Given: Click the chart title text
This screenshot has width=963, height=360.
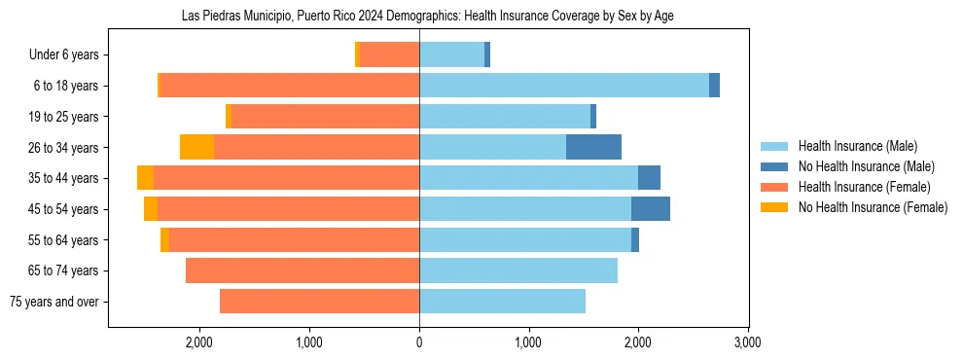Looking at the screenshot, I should coord(428,17).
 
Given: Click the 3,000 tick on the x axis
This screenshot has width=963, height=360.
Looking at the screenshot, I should coord(747,342).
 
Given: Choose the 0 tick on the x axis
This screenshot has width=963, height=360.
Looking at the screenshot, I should coord(419,342).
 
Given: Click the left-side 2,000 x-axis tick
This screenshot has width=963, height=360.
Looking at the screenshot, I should coord(199,342).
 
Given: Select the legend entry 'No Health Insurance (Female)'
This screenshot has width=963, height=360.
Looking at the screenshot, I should coord(873,207).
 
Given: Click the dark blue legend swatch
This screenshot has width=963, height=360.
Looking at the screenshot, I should coord(775,166).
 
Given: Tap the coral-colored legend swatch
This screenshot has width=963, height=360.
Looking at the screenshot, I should coord(775,187).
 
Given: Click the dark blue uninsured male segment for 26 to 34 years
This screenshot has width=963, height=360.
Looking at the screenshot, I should coord(593,147).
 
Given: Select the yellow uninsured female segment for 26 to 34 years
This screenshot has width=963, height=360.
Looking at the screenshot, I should coord(196,147).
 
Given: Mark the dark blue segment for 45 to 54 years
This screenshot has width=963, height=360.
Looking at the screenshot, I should coord(650,208).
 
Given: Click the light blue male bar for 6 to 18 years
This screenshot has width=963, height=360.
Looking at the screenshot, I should coord(564,86).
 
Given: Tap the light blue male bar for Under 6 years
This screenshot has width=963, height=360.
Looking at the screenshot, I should coord(451,54).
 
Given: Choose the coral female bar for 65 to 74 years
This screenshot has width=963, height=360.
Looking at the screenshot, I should coord(303,270).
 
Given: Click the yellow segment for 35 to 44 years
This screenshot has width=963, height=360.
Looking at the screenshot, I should coord(145,178).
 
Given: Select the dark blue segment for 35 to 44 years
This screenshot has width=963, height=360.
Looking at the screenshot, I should coord(649,178).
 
